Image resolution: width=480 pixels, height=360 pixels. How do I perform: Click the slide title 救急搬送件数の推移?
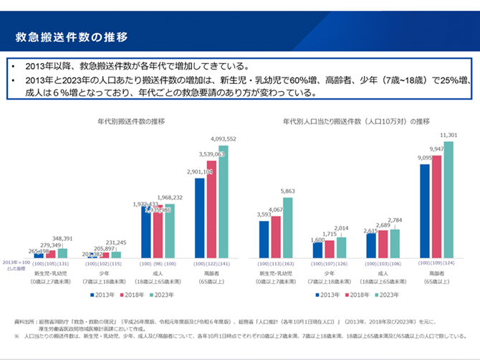coord(72,36)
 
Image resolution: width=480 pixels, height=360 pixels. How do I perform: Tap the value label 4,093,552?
coord(223,138)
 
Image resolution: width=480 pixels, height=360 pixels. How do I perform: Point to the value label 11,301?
coord(448,135)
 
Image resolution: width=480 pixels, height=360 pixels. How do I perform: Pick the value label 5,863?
coord(287,191)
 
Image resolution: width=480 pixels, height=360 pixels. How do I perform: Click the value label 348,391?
coord(62,238)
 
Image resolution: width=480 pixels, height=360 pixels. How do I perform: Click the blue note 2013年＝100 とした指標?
coord(16,265)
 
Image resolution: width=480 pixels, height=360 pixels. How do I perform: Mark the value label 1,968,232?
coord(171,197)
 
